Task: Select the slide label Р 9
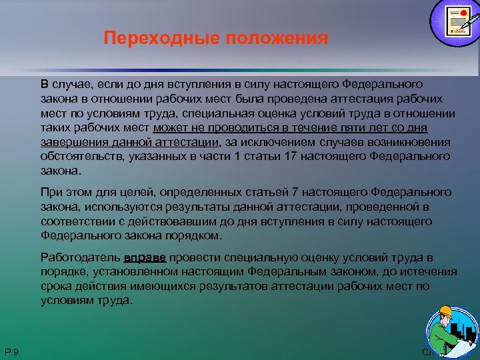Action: pyautogui.click(x=12, y=351)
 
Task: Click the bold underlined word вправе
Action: pyautogui.click(x=146, y=257)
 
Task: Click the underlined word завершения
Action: pyautogui.click(x=69, y=142)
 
